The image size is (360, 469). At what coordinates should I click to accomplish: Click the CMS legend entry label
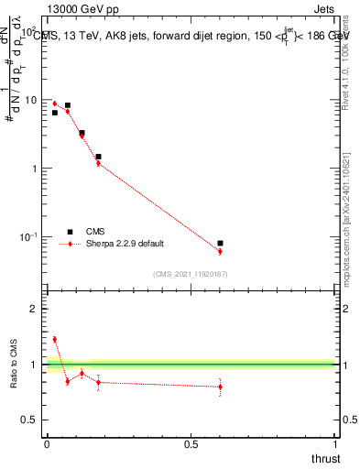(x=96, y=232)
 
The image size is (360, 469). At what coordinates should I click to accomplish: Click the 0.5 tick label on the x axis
(x=191, y=444)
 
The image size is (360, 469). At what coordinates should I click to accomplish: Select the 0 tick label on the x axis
(x=47, y=444)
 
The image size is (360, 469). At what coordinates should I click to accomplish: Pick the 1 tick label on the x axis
(x=336, y=444)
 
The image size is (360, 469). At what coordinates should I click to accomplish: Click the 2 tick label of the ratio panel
(x=33, y=309)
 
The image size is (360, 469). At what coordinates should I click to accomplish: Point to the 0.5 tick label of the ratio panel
(x=30, y=420)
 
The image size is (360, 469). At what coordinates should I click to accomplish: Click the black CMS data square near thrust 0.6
(x=220, y=243)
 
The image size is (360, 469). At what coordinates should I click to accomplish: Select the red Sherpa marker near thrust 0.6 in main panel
(x=220, y=251)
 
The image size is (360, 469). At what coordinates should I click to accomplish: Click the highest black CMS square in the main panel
(x=67, y=105)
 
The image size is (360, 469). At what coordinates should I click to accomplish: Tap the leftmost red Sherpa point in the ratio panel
(x=54, y=339)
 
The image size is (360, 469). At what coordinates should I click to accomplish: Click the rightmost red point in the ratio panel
(x=220, y=387)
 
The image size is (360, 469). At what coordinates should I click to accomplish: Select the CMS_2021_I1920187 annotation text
(x=191, y=273)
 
